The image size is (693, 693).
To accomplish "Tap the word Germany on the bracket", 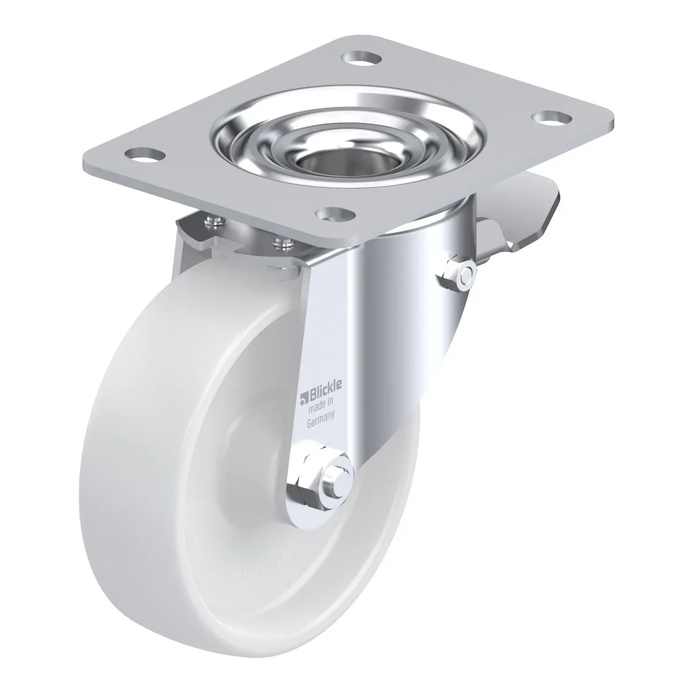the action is [321, 420].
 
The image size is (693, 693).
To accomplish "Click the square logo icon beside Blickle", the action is [303, 397].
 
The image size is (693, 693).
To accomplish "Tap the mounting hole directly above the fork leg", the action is [335, 214].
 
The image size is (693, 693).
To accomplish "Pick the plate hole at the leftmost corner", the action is [144, 156].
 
